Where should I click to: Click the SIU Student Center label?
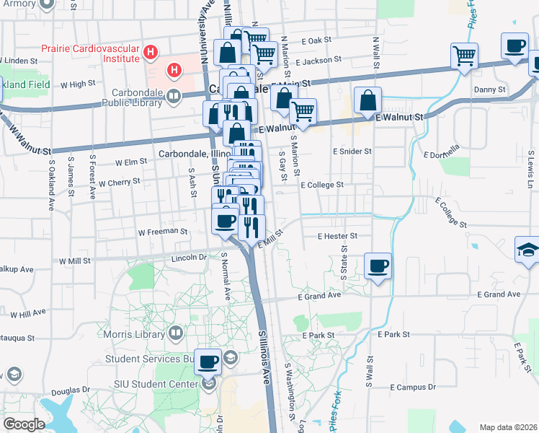pos(155,384)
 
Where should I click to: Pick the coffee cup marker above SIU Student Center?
pos(208,362)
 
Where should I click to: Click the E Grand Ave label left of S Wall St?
pos(318,296)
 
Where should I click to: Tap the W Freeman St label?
pos(162,232)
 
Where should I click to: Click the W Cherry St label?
pos(120,183)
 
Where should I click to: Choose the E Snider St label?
pos(352,152)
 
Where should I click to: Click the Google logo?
pos(24,424)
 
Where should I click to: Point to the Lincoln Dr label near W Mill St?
pos(189,257)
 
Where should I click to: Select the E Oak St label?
pos(316,40)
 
